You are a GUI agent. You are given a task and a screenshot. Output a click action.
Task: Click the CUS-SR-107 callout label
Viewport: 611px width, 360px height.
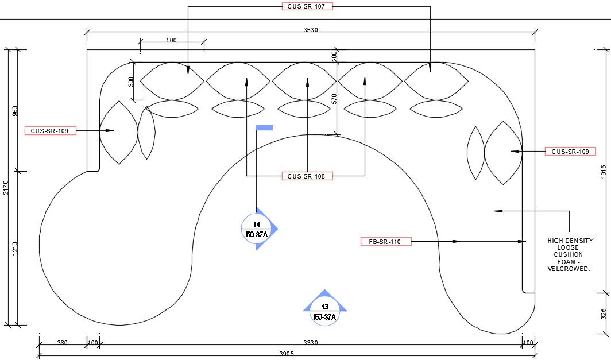pyautogui.click(x=307, y=6)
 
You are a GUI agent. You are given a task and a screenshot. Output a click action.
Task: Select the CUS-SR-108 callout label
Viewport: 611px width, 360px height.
pyautogui.click(x=307, y=176)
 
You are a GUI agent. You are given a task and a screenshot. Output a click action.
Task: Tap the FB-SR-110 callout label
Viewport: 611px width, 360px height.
pyautogui.click(x=386, y=242)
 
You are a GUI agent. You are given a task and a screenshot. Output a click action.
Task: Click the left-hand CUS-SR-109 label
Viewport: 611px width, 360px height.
pyautogui.click(x=50, y=131)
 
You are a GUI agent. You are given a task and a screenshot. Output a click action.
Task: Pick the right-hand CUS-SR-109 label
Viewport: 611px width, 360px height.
pyautogui.click(x=570, y=152)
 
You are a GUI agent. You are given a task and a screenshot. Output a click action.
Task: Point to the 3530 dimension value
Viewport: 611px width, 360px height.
pyautogui.click(x=310, y=30)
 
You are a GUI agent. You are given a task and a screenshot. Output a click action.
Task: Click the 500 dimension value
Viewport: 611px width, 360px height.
pyautogui.click(x=171, y=40)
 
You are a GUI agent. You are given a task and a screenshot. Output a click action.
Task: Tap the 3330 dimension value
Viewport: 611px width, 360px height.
pyautogui.click(x=311, y=343)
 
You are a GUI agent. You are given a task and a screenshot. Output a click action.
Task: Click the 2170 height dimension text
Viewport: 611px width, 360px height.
pyautogui.click(x=6, y=188)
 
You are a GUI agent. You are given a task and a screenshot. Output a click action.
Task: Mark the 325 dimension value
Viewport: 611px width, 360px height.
pyautogui.click(x=604, y=315)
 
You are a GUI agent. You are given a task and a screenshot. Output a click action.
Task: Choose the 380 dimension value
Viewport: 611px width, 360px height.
pyautogui.click(x=62, y=343)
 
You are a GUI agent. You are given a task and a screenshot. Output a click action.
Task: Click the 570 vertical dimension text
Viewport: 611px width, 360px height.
pyautogui.click(x=334, y=99)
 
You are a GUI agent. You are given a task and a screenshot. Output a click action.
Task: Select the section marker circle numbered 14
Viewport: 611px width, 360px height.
pyautogui.click(x=256, y=229)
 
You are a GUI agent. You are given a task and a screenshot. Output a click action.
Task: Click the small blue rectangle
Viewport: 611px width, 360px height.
pyautogui.click(x=264, y=127)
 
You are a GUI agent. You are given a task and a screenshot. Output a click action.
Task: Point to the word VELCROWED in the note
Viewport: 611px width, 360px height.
pyautogui.click(x=569, y=269)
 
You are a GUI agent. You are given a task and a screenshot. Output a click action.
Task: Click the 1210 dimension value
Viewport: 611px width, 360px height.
pyautogui.click(x=15, y=248)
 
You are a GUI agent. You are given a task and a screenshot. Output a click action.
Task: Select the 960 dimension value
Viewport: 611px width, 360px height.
pyautogui.click(x=15, y=110)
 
